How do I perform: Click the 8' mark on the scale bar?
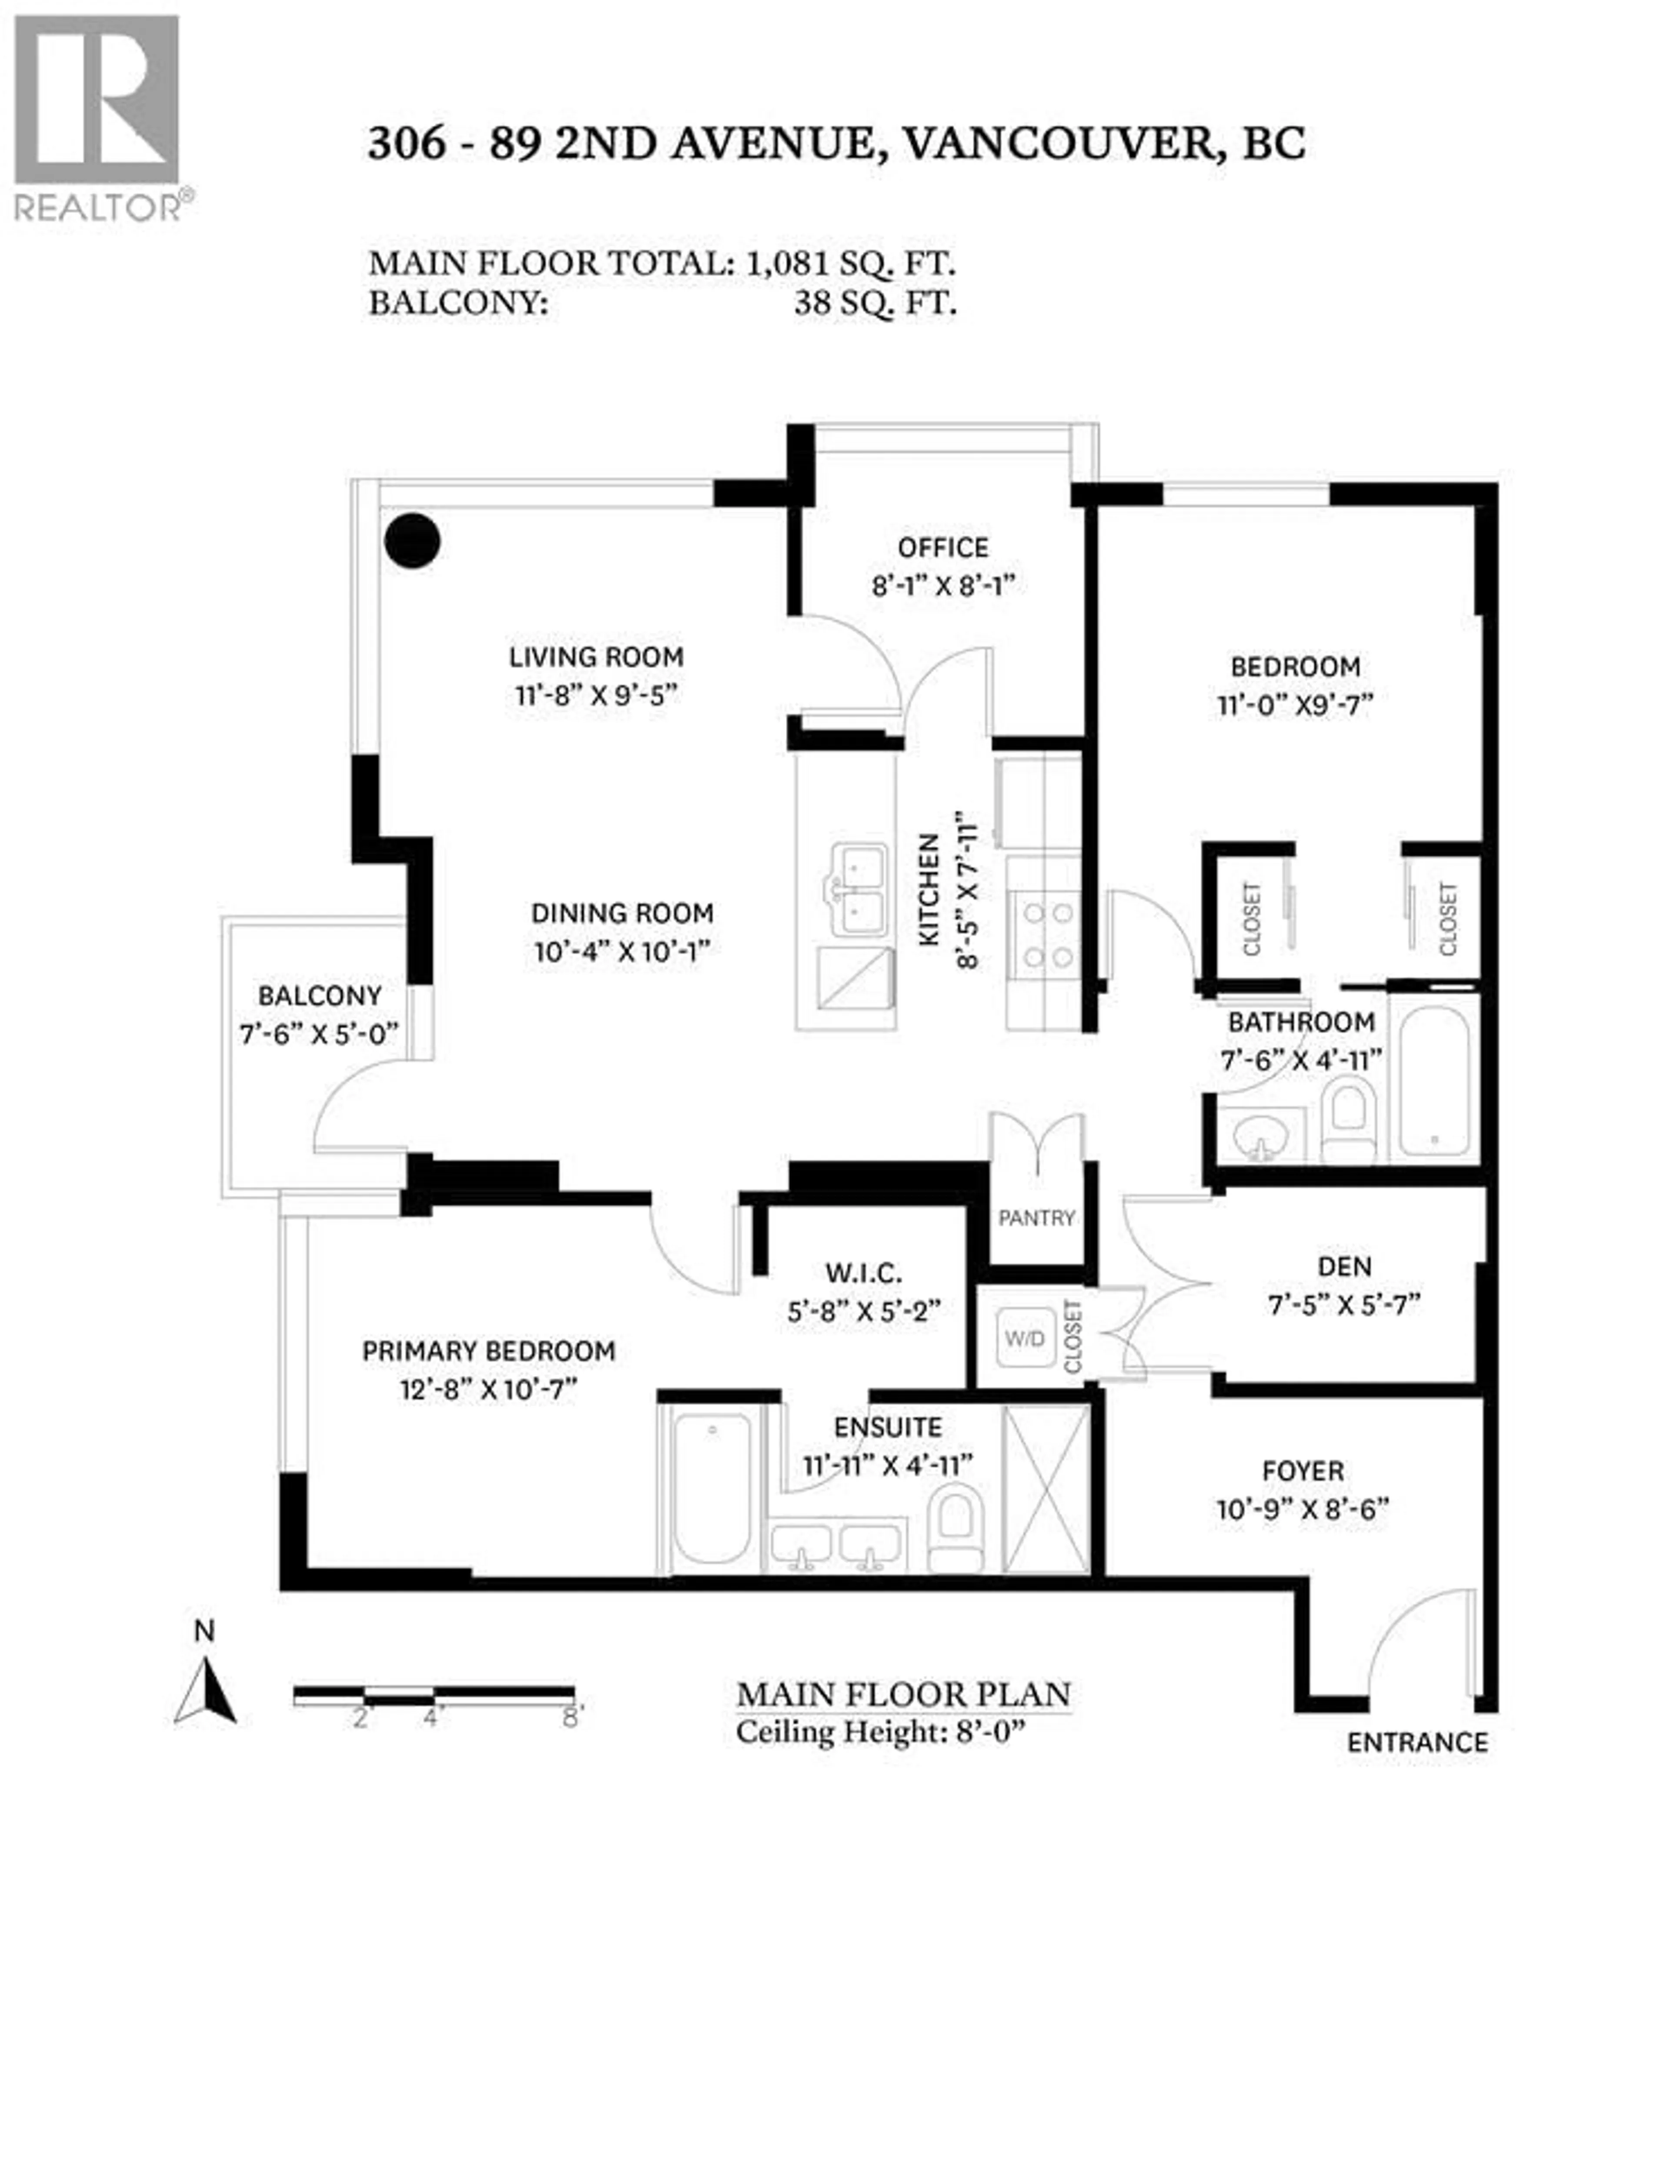571,1717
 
